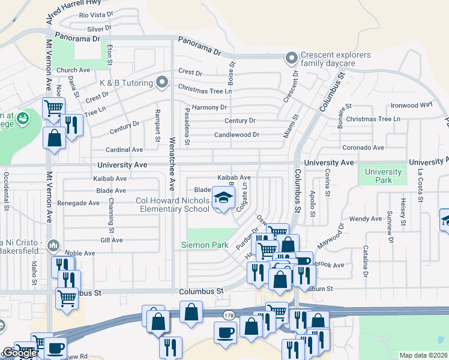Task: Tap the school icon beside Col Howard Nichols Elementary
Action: pyautogui.click(x=223, y=198)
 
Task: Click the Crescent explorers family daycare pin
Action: pyautogui.click(x=292, y=58)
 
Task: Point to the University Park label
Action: pyautogui.click(x=384, y=176)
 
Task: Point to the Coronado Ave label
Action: pyautogui.click(x=363, y=148)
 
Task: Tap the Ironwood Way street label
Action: pyautogui.click(x=411, y=104)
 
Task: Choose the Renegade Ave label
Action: pyautogui.click(x=78, y=203)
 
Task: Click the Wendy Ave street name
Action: pyautogui.click(x=366, y=219)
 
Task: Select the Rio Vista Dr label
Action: pyautogui.click(x=96, y=14)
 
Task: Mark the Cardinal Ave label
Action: pyautogui.click(x=124, y=149)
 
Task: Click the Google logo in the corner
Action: pyautogui.click(x=19, y=353)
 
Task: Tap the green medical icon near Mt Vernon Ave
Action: pyautogui.click(x=23, y=118)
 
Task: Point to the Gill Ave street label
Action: pyautogui.click(x=112, y=240)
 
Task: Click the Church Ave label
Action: pyautogui.click(x=73, y=70)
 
